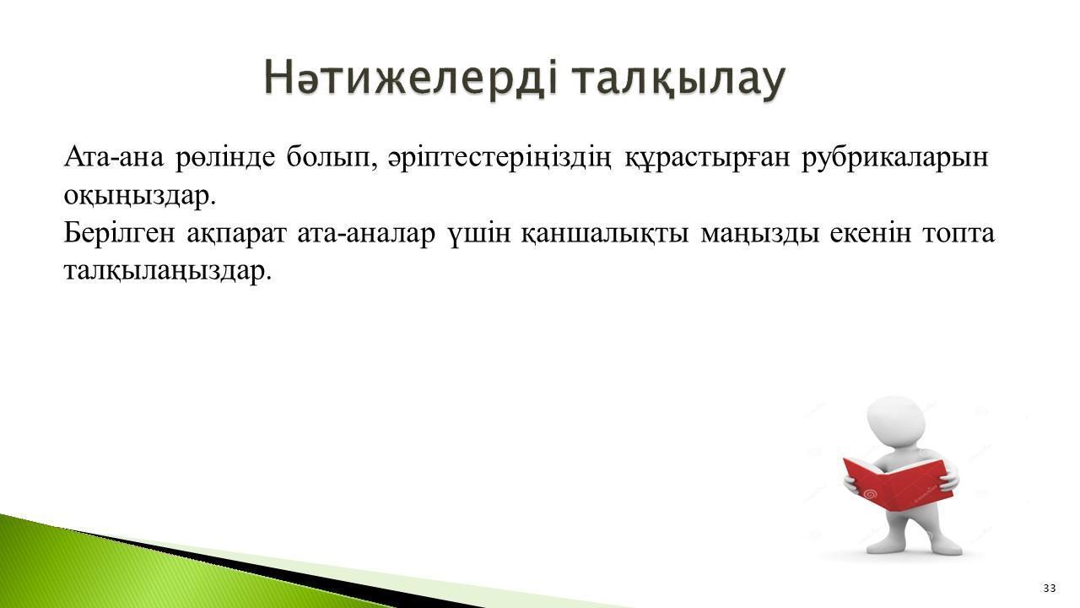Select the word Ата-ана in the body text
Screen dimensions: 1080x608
click(114, 157)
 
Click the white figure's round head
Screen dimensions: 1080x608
click(895, 422)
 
